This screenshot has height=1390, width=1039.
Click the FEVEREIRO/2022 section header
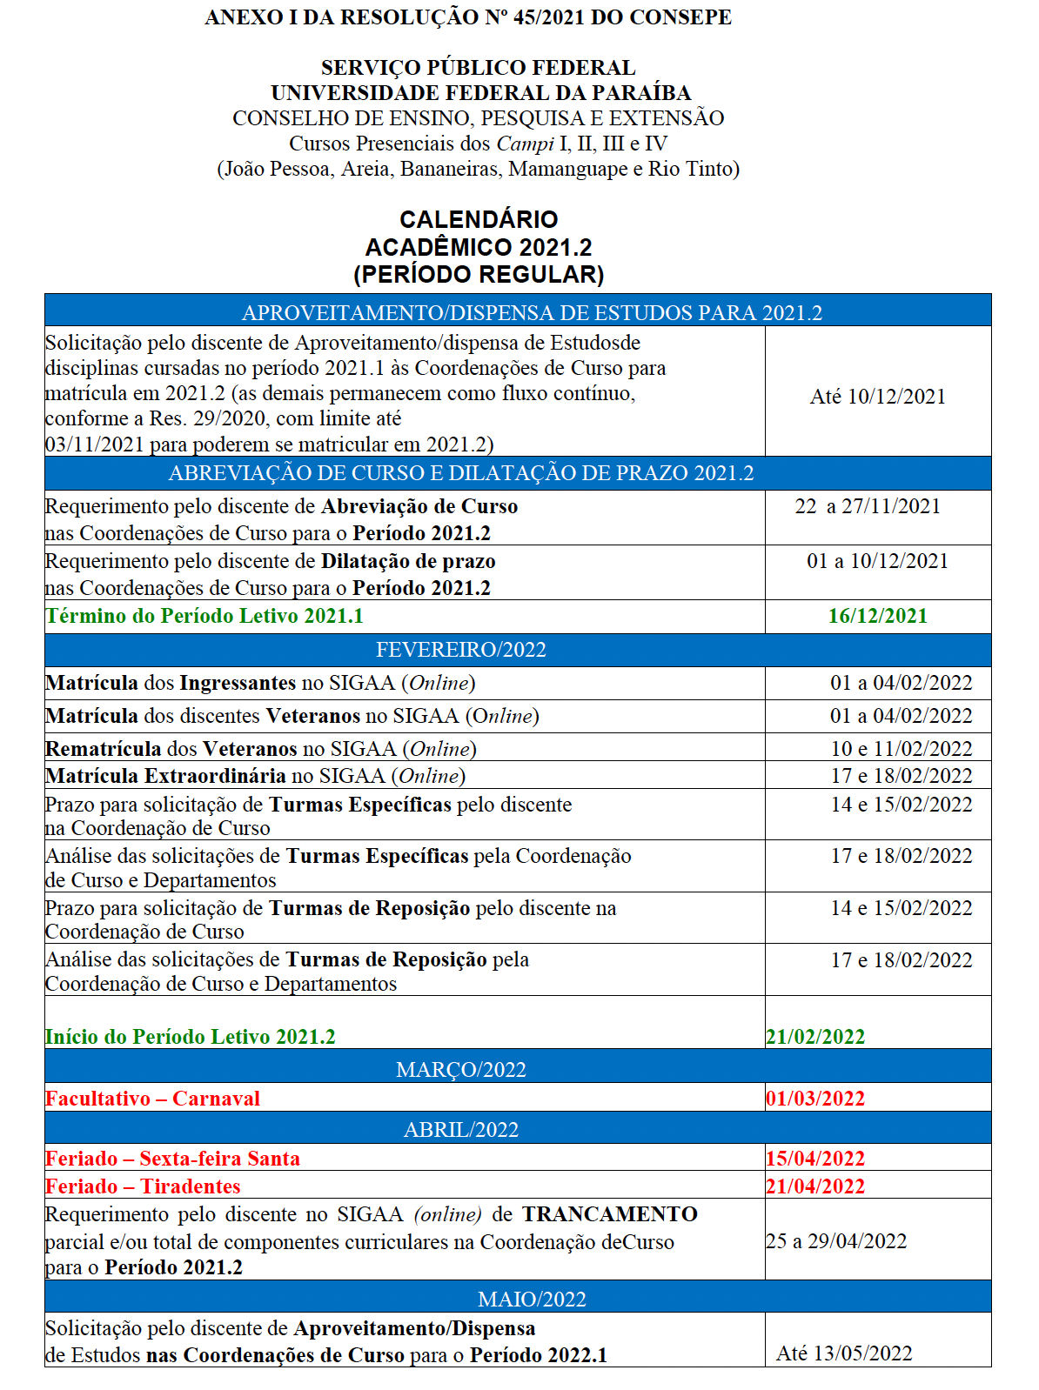click(460, 650)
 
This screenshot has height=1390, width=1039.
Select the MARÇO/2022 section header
click(460, 1069)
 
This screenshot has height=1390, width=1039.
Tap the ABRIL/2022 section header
click(460, 1129)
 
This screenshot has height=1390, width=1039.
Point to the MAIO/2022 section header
click(532, 1299)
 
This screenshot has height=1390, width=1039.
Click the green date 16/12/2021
click(877, 616)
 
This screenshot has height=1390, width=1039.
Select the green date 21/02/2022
click(815, 1036)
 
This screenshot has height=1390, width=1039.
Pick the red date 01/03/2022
click(815, 1098)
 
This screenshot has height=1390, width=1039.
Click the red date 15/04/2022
click(815, 1158)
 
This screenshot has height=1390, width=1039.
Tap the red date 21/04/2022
click(815, 1186)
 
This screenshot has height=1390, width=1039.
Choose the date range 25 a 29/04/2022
click(836, 1240)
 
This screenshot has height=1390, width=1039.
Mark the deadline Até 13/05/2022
click(844, 1353)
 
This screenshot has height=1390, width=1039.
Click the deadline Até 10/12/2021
click(877, 397)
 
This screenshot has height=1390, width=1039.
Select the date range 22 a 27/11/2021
click(868, 506)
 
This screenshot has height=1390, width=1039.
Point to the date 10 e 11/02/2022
click(902, 748)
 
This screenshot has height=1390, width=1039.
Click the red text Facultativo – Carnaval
click(152, 1098)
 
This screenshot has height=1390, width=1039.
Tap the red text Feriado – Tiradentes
click(143, 1186)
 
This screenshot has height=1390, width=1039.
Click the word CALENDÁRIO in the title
click(479, 219)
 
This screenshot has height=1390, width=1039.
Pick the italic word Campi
click(525, 144)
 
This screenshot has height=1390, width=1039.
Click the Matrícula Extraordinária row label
click(165, 775)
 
